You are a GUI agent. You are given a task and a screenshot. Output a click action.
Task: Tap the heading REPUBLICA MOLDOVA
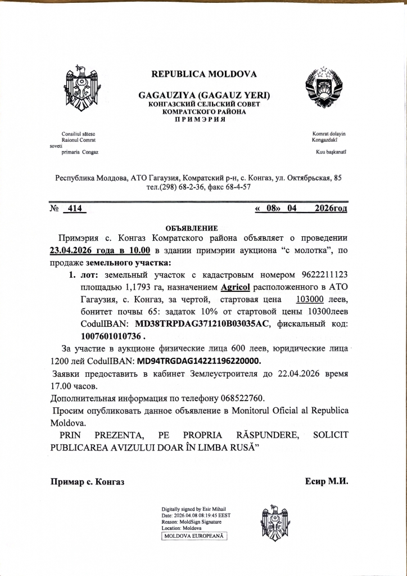coord(204,74)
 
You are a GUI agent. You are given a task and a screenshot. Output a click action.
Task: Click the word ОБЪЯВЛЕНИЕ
coord(191,228)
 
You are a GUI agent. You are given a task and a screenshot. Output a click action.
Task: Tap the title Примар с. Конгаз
coord(87,482)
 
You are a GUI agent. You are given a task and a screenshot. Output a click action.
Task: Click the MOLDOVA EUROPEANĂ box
coord(194,536)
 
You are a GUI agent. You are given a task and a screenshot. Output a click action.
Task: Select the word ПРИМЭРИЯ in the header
coord(204,119)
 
